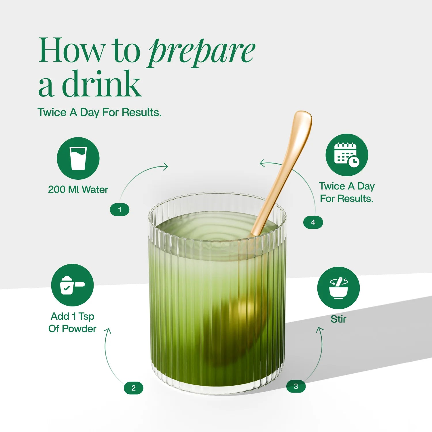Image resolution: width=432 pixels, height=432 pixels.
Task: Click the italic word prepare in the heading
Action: [202, 52]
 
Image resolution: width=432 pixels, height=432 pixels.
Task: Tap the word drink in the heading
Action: [102, 84]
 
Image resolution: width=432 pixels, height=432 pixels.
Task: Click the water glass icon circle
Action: [78, 158]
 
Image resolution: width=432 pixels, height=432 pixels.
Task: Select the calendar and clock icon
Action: [347, 155]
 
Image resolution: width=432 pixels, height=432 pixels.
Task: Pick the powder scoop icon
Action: [72, 285]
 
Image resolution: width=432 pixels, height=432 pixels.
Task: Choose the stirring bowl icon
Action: [338, 288]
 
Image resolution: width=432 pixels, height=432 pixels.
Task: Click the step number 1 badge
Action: [120, 210]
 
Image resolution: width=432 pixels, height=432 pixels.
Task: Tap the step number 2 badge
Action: [133, 388]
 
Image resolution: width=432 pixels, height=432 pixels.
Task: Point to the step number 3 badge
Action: [296, 386]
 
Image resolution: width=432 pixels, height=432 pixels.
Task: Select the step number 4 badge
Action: [313, 222]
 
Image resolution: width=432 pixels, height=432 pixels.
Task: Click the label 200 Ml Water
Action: [78, 190]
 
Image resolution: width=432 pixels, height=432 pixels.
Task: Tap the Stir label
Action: [338, 319]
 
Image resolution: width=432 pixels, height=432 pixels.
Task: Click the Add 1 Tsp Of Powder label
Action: [72, 323]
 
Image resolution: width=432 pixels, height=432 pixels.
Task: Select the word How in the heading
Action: [72, 50]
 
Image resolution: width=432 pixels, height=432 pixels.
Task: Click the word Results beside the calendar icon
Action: [357, 198]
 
